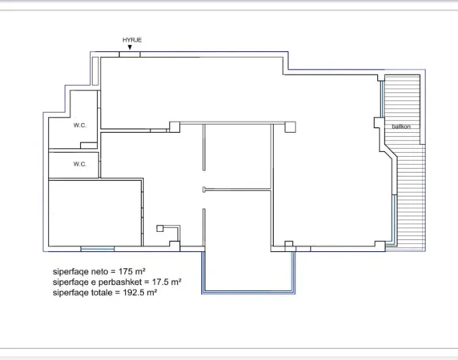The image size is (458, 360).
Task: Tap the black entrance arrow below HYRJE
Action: pos(130,47)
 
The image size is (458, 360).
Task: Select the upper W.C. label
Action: pos(80,125)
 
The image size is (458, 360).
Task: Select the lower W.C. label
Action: pos(80,164)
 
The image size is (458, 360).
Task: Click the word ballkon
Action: pos(402,126)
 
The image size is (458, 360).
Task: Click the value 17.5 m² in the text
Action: pos(163,282)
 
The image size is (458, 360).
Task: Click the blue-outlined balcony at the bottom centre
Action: pos(249,272)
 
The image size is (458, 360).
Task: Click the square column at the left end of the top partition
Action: pos(175,125)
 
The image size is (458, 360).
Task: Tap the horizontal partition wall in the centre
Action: pos(238,189)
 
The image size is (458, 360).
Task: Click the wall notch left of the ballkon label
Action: pos(380,123)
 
